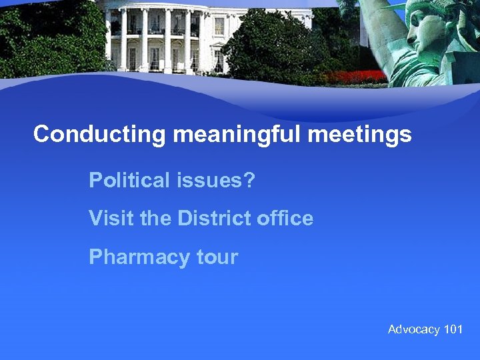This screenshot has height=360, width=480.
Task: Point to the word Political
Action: [127, 180]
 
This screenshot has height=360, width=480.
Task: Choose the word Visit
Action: [112, 218]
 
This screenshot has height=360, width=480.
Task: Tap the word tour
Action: [217, 257]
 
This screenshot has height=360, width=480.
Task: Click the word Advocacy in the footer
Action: [414, 329]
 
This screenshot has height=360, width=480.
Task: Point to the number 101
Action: [453, 329]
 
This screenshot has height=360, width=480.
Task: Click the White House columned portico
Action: [160, 40]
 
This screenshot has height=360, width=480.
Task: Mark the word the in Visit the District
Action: [155, 218]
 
